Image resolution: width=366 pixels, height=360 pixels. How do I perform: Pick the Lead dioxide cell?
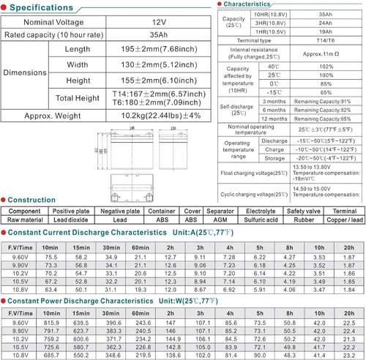tap(70, 219)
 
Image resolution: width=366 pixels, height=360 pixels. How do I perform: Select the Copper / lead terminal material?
tap(345, 219)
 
